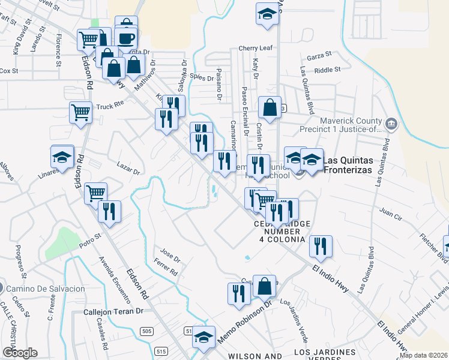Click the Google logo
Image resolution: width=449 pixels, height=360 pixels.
click(19, 352)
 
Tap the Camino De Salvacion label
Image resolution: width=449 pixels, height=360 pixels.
click(46, 289)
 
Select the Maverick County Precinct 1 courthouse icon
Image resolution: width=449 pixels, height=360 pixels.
click(391, 125)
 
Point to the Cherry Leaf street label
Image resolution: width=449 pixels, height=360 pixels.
click(255, 48)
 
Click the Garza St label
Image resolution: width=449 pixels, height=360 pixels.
click(319, 56)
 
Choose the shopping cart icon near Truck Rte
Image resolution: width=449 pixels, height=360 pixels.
click(80, 112)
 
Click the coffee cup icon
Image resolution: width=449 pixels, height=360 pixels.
click(125, 38)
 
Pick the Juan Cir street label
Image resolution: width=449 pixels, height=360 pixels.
click(390, 211)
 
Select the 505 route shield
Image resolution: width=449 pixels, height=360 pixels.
click(146, 331)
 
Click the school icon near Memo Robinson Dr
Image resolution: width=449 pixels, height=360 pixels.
click(203, 337)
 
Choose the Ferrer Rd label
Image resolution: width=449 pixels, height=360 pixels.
click(166, 268)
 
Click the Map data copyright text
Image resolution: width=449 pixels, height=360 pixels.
click(424, 355)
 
